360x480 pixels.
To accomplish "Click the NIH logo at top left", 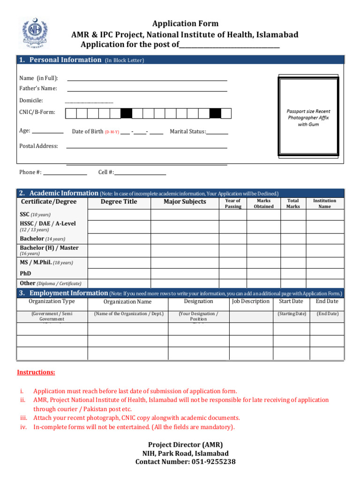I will point(33,33).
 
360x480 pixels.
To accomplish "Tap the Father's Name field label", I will point(38,88).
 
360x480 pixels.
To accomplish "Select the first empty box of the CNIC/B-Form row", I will point(71,113).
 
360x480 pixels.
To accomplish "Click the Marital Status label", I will point(188,132).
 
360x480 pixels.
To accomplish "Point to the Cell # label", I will point(106,172).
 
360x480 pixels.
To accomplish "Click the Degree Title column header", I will point(119,202).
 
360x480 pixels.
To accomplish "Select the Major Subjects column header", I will point(185,202).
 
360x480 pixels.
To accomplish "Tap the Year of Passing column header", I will point(233,203).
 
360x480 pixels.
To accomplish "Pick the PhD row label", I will point(25,273).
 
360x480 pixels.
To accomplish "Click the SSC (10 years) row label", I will point(35,214).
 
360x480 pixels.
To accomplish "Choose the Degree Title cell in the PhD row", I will point(119,273).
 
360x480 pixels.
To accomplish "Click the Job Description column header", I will point(251,301).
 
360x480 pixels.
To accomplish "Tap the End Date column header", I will point(327,301).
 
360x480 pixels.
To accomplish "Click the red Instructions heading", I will point(36,372).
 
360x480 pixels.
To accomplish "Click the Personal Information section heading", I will point(65,60).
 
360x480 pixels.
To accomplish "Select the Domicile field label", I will point(31,100).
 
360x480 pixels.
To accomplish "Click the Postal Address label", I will point(38,146).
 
